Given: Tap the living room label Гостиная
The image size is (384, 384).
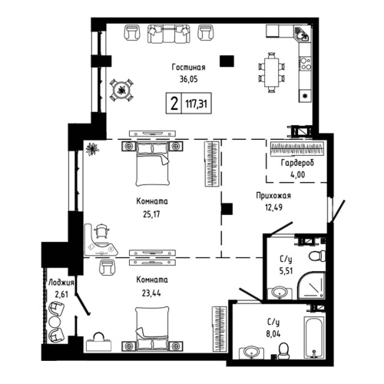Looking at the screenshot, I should pyautogui.click(x=188, y=68).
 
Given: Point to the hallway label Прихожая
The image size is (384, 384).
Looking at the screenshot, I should pyautogui.click(x=273, y=197).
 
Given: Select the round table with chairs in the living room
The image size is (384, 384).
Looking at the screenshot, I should pyautogui.click(x=121, y=91).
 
